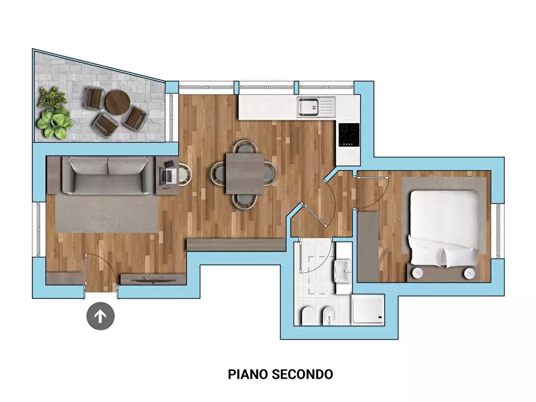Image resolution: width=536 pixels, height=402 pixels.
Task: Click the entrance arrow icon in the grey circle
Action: point(100,316)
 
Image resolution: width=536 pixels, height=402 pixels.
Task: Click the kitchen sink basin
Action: point(309,107)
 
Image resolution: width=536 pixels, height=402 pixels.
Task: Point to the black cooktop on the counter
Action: point(348,134)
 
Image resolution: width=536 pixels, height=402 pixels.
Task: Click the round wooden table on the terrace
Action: point(117,102)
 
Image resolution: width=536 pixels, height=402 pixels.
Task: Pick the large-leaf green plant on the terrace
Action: point(55,122)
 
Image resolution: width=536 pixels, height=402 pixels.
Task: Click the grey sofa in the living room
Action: point(108,175)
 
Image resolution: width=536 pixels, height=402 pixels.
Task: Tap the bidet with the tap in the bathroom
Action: point(328,315)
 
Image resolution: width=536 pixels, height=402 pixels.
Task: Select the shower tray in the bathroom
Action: point(367,310)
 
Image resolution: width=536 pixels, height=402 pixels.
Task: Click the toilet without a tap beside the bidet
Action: point(307,315)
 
